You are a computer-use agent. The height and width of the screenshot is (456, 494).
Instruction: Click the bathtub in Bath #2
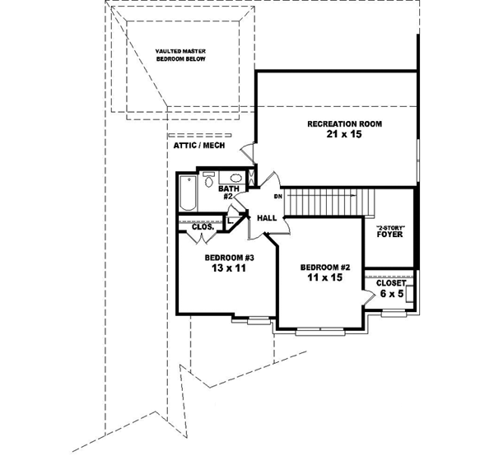[x=188, y=193]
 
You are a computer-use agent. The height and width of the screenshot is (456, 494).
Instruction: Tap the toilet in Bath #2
[x=208, y=179]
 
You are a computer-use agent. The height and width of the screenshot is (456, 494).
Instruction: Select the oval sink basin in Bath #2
[x=236, y=178]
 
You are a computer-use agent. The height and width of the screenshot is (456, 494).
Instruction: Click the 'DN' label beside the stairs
[x=277, y=197]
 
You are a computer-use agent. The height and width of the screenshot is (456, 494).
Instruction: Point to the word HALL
[x=267, y=218]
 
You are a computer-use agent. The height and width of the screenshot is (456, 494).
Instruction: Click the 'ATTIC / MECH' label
[x=199, y=146]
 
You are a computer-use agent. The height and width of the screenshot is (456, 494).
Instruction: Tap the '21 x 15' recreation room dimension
[x=344, y=134]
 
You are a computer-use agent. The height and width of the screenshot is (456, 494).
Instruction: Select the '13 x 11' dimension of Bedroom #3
[x=228, y=268]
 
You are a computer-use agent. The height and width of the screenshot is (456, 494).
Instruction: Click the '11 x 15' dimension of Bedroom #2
[x=325, y=277]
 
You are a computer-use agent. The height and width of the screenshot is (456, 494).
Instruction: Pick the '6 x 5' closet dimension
[x=392, y=294]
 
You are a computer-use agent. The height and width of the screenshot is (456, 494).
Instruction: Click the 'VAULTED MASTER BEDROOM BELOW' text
[x=181, y=55]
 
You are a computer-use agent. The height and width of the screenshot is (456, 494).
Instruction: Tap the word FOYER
[x=389, y=235]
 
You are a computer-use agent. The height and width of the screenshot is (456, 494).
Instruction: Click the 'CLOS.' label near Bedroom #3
[x=203, y=226]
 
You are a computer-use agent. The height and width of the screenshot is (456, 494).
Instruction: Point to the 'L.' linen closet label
[x=231, y=221]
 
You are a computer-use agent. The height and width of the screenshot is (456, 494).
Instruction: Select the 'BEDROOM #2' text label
[x=325, y=268]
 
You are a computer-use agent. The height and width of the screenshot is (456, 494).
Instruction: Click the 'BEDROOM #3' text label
[x=229, y=258]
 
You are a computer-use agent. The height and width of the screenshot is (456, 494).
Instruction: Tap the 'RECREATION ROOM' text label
[x=345, y=124]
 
